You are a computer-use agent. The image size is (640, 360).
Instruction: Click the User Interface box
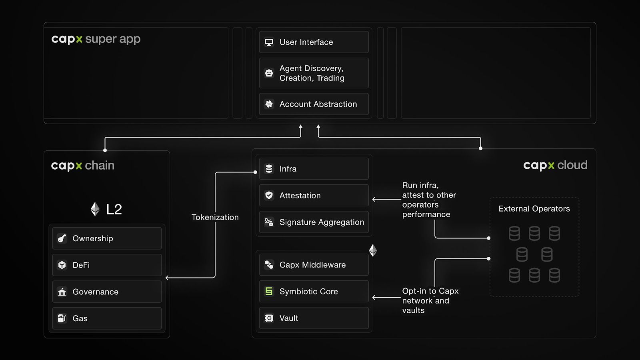(x=314, y=42)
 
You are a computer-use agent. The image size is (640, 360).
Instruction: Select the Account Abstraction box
(x=314, y=104)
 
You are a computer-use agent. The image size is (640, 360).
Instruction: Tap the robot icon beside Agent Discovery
(x=269, y=73)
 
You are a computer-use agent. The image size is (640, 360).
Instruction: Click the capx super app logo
(x=96, y=40)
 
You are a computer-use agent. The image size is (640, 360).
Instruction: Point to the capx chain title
(x=82, y=166)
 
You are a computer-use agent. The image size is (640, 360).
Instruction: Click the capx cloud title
(x=555, y=166)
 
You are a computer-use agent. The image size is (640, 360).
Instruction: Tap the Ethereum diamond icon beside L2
(x=95, y=209)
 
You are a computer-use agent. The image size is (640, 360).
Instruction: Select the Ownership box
(x=107, y=238)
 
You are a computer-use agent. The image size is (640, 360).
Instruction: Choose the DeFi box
(x=107, y=265)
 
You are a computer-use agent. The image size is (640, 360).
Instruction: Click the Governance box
(x=107, y=292)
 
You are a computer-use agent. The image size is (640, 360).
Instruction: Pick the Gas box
(x=107, y=318)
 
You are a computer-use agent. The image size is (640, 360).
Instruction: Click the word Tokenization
(x=215, y=217)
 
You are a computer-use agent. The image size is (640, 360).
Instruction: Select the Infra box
(x=314, y=168)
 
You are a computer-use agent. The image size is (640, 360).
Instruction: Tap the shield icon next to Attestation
(x=269, y=196)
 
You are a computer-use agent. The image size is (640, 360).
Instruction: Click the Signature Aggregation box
(x=314, y=222)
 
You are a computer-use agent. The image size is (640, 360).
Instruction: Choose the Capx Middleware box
(x=314, y=265)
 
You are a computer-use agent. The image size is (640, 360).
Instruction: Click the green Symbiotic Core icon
(x=269, y=292)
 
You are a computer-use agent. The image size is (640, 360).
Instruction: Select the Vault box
(x=314, y=318)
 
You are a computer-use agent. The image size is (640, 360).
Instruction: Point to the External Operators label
(x=534, y=209)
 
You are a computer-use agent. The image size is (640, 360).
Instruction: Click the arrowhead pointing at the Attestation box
(x=374, y=200)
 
